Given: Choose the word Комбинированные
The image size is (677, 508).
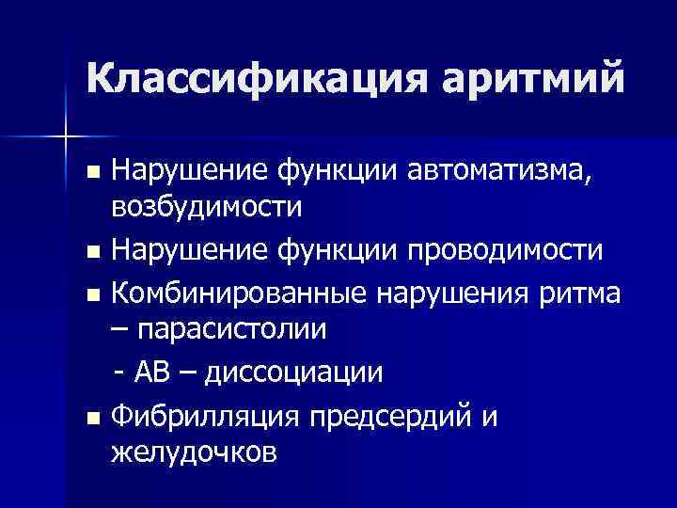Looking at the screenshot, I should click(239, 293).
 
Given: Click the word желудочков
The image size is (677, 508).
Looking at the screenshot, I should click(194, 453).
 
